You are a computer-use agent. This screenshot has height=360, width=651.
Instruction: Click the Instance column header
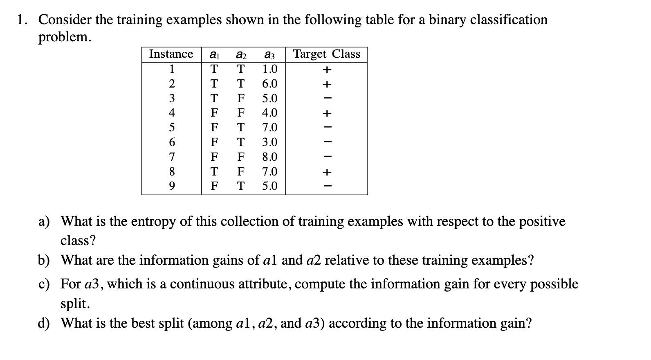(171, 54)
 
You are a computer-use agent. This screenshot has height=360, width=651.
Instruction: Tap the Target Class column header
(327, 54)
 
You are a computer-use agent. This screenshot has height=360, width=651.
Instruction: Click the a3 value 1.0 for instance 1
(269, 69)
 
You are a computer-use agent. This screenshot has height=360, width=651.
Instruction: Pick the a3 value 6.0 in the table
(269, 83)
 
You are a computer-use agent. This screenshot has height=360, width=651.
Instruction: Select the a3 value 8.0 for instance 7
(269, 157)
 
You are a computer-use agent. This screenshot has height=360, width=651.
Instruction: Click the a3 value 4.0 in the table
(269, 112)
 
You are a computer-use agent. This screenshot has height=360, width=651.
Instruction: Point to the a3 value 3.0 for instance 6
(269, 142)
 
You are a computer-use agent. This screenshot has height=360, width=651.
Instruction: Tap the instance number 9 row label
(172, 186)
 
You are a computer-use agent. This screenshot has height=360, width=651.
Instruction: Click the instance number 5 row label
(172, 127)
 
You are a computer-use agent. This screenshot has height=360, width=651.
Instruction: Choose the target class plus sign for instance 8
(326, 172)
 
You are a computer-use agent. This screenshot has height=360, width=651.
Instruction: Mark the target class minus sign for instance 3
(326, 98)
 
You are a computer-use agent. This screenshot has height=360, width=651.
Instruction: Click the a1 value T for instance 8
(214, 171)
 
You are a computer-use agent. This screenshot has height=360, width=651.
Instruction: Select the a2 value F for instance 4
(241, 112)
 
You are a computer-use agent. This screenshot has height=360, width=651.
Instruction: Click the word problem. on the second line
(65, 37)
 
